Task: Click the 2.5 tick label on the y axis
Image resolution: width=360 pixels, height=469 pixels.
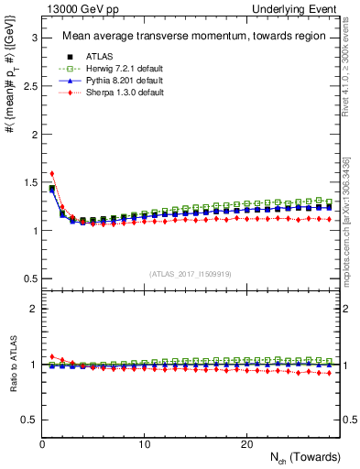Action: click(27, 86)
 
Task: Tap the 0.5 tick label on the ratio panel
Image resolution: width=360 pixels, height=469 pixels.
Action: click(27, 420)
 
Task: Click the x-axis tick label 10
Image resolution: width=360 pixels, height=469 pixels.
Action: click(145, 444)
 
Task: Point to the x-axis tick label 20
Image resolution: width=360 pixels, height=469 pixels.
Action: click(246, 444)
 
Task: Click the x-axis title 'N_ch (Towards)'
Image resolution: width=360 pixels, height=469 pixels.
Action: click(306, 457)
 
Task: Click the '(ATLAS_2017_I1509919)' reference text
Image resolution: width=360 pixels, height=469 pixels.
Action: click(191, 273)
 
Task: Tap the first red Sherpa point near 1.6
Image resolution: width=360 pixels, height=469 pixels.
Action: click(52, 173)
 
